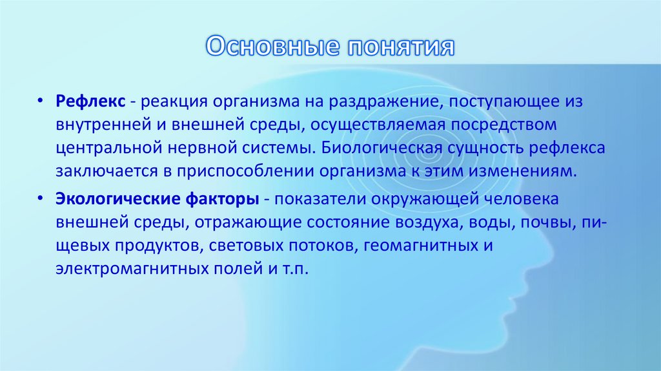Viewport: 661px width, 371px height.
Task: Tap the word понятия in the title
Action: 400,47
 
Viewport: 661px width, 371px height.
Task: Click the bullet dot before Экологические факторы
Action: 41,197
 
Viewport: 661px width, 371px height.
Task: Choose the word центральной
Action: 105,148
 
